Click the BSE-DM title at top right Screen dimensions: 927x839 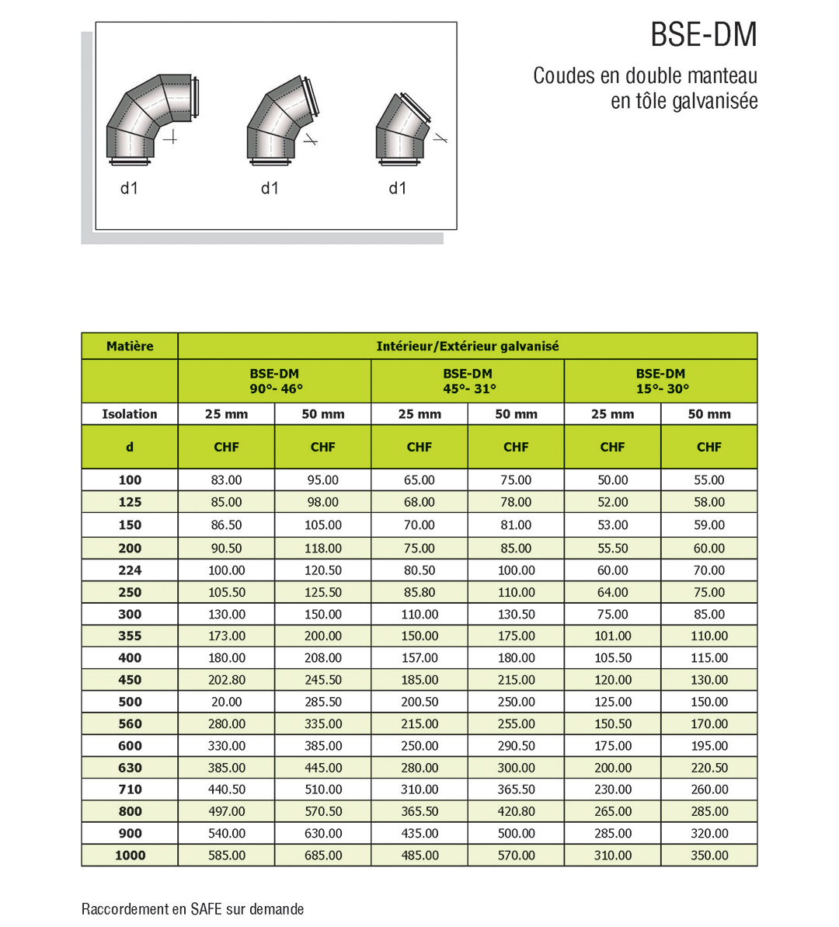point(703,36)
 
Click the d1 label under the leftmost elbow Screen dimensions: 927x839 point(129,188)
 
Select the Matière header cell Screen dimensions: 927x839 point(130,347)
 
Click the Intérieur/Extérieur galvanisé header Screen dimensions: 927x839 point(467,347)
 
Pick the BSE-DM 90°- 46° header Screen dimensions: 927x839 point(275,381)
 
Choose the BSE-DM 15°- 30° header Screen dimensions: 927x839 point(660,381)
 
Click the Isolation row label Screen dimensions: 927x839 point(130,414)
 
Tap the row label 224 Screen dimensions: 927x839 point(130,570)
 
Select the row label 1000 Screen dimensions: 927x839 point(130,856)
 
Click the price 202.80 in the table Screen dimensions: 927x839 point(226,680)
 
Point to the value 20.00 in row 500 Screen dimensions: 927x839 point(226,702)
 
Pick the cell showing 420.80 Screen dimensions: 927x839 point(516,811)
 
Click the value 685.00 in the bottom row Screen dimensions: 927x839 point(322,856)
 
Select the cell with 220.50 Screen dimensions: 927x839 point(708,768)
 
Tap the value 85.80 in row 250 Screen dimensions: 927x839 point(419,592)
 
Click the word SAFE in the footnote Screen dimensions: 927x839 point(207,909)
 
